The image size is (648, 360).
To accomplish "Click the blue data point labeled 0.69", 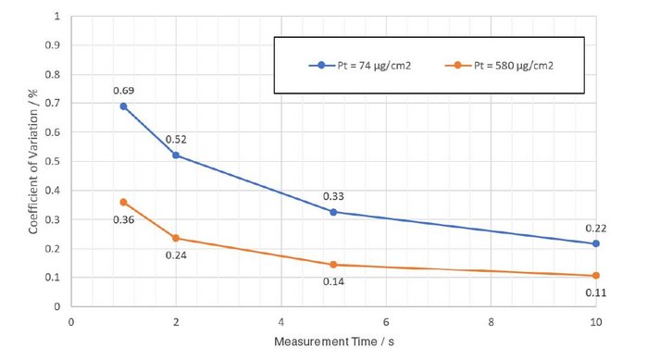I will pos(123,106).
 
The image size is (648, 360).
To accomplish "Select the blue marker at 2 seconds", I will pos(176,155).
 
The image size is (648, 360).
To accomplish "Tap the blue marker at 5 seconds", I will pos(333,211).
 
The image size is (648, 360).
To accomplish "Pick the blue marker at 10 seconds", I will pos(596,243).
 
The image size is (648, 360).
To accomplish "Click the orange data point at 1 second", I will pos(123,202).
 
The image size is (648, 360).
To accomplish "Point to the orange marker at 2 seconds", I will pos(176,238).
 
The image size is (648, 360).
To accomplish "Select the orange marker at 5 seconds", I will pos(333,265).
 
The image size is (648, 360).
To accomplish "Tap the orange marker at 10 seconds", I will pos(596,276).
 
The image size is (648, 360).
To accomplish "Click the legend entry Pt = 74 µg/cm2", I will pos(366,66).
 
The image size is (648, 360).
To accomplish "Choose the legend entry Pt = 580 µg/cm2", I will pos(505,66).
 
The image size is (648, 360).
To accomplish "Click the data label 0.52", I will pos(176,140).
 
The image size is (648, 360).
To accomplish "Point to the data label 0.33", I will pos(333,195).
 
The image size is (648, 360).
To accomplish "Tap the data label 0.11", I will pos(596,292).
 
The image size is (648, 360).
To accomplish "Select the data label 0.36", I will pos(123,219).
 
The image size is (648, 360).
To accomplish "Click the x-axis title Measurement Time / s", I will pos(333,342).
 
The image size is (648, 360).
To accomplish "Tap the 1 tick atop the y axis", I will pos(58,17).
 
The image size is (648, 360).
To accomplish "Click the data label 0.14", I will pos(333,281).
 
